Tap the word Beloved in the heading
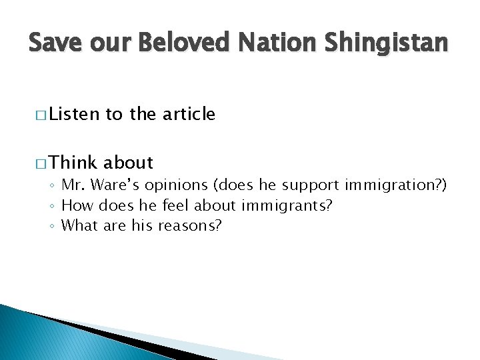[176, 43]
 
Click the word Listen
[74, 115]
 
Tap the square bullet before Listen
[33, 115]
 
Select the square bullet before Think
[33, 163]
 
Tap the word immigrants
[294, 205]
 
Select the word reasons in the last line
[189, 225]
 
